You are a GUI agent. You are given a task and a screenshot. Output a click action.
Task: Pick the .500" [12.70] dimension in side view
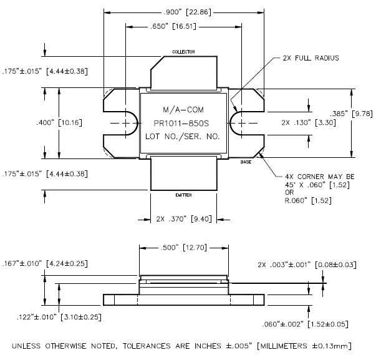tap(184, 248)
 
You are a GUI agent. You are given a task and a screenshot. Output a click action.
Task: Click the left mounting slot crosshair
tap(127, 123)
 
